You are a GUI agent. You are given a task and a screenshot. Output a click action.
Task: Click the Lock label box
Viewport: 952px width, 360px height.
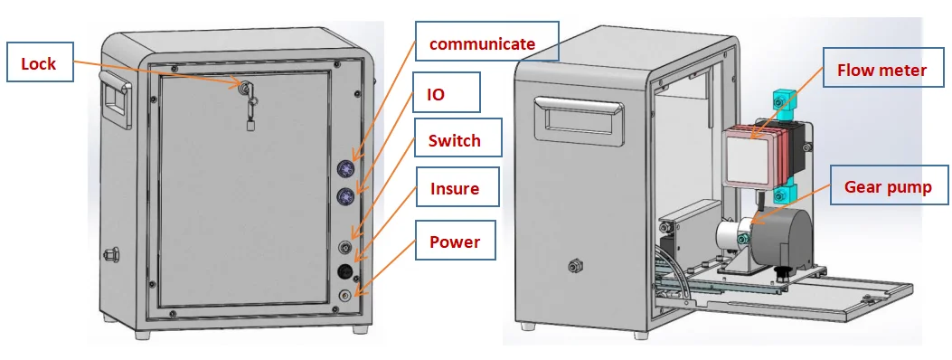39,63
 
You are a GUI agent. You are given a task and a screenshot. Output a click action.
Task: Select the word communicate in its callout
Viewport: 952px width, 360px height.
481,43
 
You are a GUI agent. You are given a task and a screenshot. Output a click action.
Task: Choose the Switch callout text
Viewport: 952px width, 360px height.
454,140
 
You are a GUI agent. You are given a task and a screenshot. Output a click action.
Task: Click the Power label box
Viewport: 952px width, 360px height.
454,242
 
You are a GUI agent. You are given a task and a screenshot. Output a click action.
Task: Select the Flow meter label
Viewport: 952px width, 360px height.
881,70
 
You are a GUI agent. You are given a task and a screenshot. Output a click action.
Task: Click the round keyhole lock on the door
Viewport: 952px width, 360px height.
245,87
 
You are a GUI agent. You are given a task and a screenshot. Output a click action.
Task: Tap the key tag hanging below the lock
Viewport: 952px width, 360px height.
250,125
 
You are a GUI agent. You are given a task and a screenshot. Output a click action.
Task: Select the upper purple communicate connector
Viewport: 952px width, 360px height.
345,167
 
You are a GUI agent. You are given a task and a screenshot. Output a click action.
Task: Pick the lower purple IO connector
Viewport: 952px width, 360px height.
345,196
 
